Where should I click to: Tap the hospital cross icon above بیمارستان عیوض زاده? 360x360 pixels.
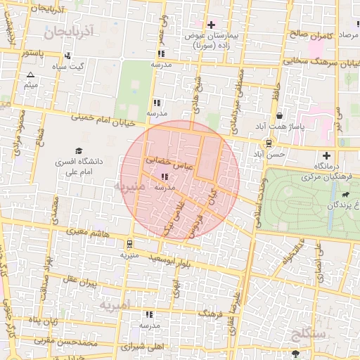[210, 25]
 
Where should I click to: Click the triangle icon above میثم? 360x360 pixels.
[30, 75]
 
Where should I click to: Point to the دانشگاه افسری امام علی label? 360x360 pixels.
[79, 166]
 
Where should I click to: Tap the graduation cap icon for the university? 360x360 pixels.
[79, 151]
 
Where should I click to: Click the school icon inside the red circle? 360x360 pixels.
[164, 177]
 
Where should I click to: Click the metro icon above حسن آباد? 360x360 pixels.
[268, 143]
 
